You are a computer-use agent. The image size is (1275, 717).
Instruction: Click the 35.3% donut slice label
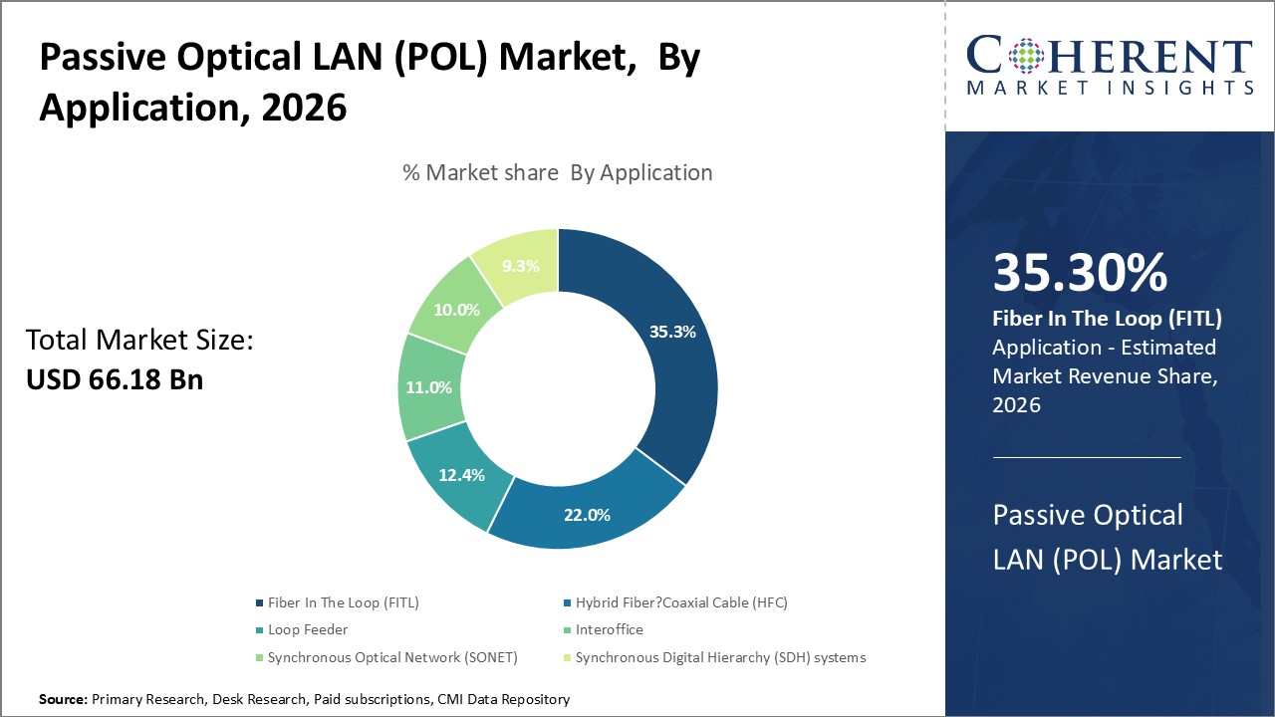(673, 332)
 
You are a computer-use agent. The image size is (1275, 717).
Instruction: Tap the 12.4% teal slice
(460, 475)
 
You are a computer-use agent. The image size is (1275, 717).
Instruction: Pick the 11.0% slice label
(428, 387)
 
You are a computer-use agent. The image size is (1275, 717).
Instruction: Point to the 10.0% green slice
(456, 310)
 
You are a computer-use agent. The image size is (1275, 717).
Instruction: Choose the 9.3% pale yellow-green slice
(520, 266)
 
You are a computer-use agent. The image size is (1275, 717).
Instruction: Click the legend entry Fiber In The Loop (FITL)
(343, 602)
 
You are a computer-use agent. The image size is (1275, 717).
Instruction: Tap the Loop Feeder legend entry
(307, 629)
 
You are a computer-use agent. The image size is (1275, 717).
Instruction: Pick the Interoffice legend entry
(609, 629)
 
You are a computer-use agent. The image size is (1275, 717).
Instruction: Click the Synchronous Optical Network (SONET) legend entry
(392, 657)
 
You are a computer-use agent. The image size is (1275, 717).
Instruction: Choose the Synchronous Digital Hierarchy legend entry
(720, 657)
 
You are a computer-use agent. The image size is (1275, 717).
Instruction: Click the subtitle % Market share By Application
(557, 172)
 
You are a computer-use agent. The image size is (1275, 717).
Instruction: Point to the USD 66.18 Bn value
(115, 379)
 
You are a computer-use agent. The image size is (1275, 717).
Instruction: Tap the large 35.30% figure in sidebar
(1080, 274)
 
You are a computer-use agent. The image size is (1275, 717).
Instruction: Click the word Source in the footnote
(63, 700)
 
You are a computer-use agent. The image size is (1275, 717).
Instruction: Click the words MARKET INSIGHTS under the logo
(1110, 88)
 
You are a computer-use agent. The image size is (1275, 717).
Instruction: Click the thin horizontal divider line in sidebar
(1087, 457)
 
